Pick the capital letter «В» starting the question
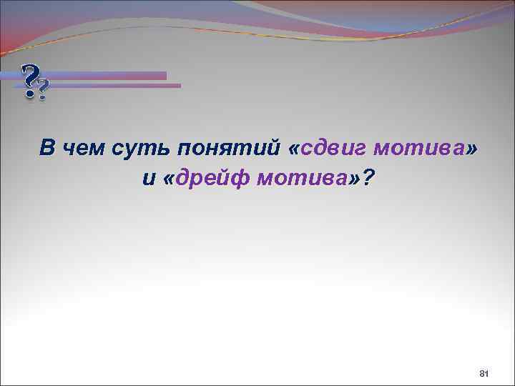pyautogui.click(x=47, y=148)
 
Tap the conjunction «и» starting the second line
pyautogui.click(x=148, y=179)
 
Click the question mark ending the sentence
pyautogui.click(x=367, y=178)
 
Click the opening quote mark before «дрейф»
pyautogui.click(x=170, y=179)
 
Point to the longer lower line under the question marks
pyautogui.click(x=114, y=86)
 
